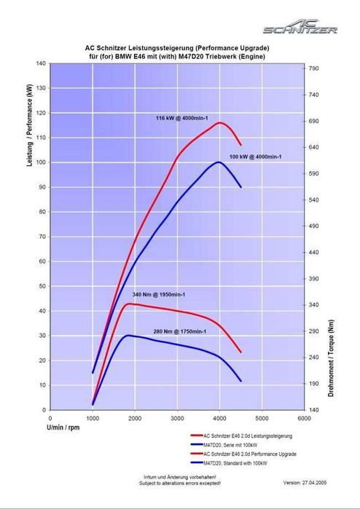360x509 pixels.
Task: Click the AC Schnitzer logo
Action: point(300,27)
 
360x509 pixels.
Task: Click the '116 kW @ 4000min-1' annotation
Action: point(182,118)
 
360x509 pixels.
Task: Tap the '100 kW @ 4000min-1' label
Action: point(256,157)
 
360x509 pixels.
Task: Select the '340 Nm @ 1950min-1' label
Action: point(159,295)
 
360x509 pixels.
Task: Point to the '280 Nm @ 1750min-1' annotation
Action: point(180,332)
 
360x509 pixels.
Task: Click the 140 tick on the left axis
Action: point(41,63)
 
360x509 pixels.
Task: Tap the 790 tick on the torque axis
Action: point(313,68)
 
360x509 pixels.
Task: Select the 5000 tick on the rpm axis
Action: point(262,419)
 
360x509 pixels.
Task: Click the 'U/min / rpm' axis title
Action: point(63,427)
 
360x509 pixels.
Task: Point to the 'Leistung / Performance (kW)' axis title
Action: point(29,125)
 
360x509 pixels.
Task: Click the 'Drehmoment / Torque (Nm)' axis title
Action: point(331,358)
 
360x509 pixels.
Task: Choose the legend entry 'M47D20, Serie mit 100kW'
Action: point(230,445)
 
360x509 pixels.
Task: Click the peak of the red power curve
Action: point(219,123)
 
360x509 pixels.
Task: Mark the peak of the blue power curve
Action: point(219,162)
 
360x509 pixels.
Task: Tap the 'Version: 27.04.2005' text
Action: point(305,483)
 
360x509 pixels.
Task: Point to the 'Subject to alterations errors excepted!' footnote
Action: point(180,483)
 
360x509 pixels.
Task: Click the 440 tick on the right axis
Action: point(313,252)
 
